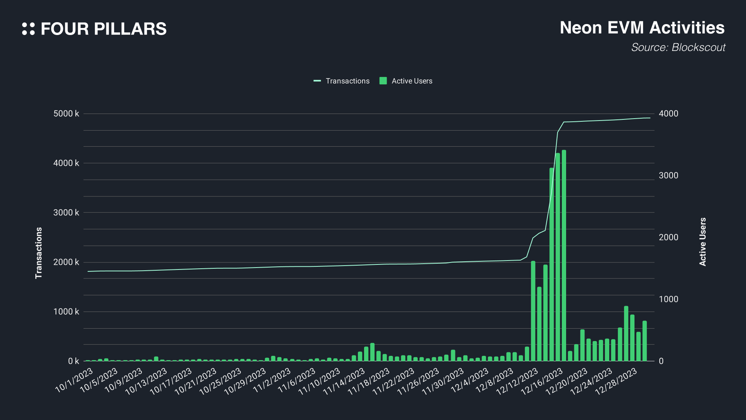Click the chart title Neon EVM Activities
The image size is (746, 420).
tap(642, 28)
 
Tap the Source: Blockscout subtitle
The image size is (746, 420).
tap(678, 47)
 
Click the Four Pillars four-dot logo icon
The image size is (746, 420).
tap(28, 29)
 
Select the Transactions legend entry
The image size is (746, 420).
tap(342, 81)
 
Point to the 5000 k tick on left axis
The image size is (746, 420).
tap(66, 114)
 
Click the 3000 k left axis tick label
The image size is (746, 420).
tap(66, 212)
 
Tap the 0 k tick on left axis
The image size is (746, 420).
tap(73, 361)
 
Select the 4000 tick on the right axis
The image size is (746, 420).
tap(668, 114)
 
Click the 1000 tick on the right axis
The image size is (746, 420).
tap(668, 299)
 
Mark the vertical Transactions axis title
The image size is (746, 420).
tap(38, 253)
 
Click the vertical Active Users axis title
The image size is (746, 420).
tap(702, 242)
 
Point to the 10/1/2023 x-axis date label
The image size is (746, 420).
tap(74, 380)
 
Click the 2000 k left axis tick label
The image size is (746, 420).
tap(66, 262)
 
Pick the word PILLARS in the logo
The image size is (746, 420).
tap(130, 29)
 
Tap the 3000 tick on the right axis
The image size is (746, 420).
tap(668, 175)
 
